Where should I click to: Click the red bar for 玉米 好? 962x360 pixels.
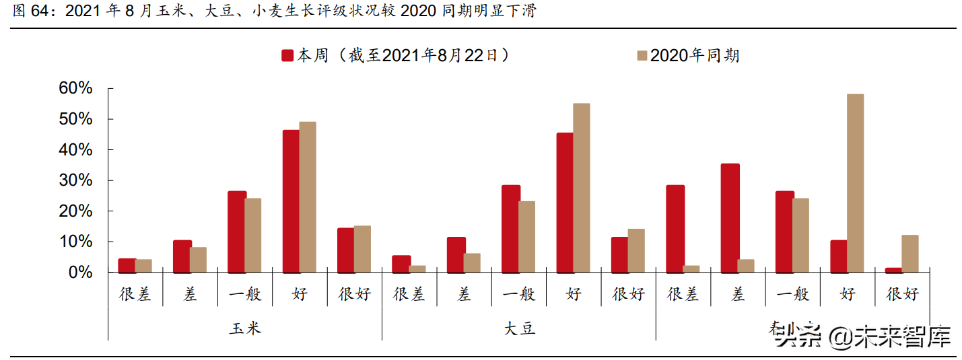pyautogui.click(x=291, y=201)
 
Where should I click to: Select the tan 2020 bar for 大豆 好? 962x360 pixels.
pyautogui.click(x=582, y=188)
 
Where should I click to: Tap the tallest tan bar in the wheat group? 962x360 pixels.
pyautogui.click(x=855, y=183)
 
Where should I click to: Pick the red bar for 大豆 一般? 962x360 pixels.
pyautogui.click(x=510, y=229)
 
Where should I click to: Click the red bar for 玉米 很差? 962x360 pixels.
pyautogui.click(x=127, y=266)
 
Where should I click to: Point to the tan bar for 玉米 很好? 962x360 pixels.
pyautogui.click(x=362, y=249)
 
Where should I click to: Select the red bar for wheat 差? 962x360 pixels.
pyautogui.click(x=730, y=218)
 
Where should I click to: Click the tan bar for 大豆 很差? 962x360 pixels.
pyautogui.click(x=417, y=269)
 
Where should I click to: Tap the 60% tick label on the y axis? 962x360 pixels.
pyautogui.click(x=75, y=89)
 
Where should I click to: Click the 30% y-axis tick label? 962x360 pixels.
pyautogui.click(x=75, y=180)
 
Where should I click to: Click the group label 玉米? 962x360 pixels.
pyautogui.click(x=245, y=328)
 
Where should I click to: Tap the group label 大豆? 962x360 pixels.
pyautogui.click(x=519, y=328)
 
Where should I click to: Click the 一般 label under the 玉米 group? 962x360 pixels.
pyautogui.click(x=245, y=293)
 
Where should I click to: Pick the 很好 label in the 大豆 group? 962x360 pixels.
pyautogui.click(x=628, y=293)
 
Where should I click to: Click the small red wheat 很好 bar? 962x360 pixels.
pyautogui.click(x=893, y=270)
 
